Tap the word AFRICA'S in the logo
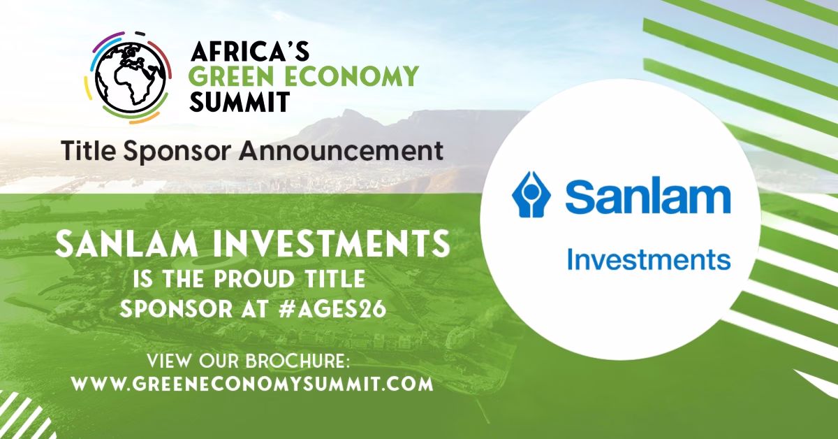(x=250, y=51)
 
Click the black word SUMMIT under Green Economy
(x=240, y=101)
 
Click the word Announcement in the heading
(x=341, y=150)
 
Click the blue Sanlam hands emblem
(x=531, y=194)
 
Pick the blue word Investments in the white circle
(x=649, y=259)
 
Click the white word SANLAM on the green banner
(x=126, y=244)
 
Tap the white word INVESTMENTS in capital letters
(x=331, y=244)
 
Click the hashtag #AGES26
(x=332, y=310)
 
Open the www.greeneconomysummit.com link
(x=252, y=384)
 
